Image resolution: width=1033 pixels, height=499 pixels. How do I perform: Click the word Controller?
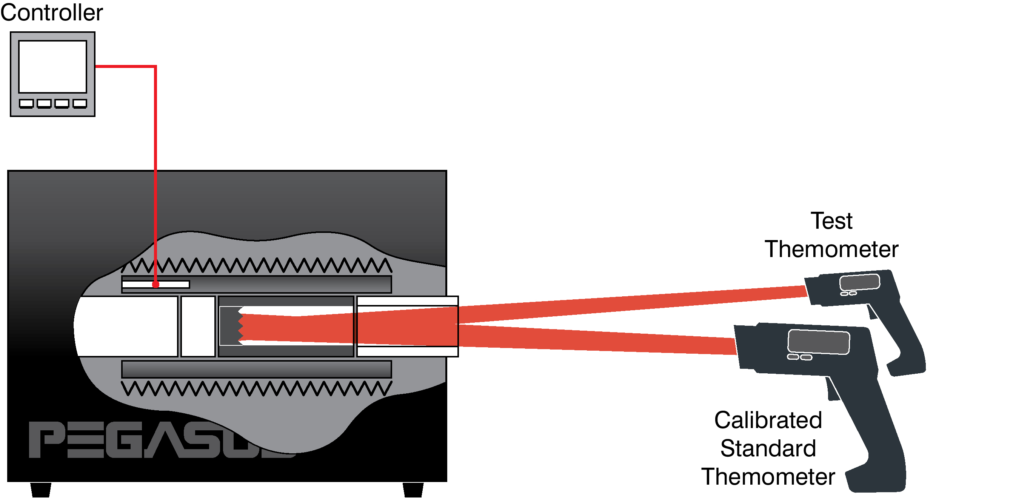(x=52, y=12)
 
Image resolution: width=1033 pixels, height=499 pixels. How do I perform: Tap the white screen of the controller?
(x=52, y=66)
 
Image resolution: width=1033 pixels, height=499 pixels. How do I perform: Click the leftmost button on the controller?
(x=26, y=103)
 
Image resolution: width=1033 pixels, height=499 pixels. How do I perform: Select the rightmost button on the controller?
(x=80, y=103)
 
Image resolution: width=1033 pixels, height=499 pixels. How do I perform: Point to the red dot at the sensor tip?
(x=156, y=284)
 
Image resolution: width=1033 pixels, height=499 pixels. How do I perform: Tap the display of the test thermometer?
(x=860, y=282)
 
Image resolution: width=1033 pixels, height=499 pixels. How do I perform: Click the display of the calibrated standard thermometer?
(x=819, y=342)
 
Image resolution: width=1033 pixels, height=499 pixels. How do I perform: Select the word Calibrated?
(x=768, y=420)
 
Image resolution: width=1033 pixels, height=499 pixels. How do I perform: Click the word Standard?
(x=768, y=448)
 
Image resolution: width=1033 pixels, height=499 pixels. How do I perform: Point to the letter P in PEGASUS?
(x=46, y=439)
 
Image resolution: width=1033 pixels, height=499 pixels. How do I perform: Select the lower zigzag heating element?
(x=257, y=388)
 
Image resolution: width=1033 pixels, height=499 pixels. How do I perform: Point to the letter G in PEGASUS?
(x=124, y=439)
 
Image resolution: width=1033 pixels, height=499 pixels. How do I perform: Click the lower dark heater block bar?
(x=257, y=369)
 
